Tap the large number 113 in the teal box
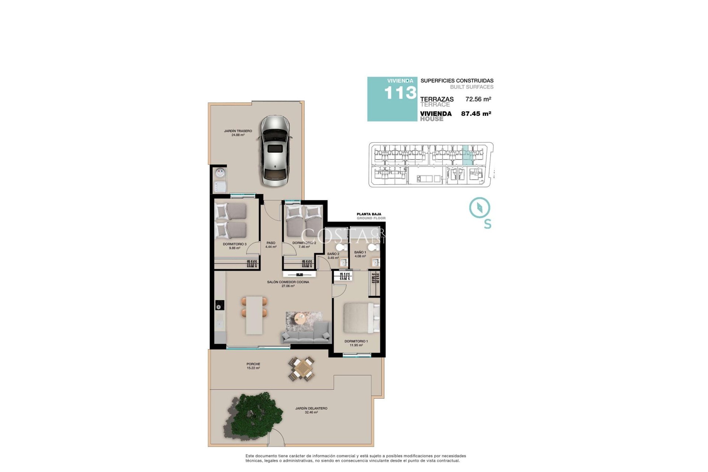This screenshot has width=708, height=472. click(400, 93)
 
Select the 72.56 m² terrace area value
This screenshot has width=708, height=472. click(478, 99)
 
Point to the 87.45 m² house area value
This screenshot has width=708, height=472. click(476, 114)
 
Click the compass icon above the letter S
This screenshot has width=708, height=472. click(479, 207)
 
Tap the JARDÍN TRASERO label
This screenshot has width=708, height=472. click(238, 133)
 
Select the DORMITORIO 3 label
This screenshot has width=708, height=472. click(235, 246)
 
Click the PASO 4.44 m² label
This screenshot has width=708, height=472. click(271, 245)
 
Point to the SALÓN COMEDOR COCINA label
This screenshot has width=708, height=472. click(288, 284)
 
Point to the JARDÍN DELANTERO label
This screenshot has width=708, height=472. click(311, 410)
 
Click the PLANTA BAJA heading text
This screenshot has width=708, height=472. click(369, 214)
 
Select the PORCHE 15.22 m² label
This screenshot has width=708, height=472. click(253, 366)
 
